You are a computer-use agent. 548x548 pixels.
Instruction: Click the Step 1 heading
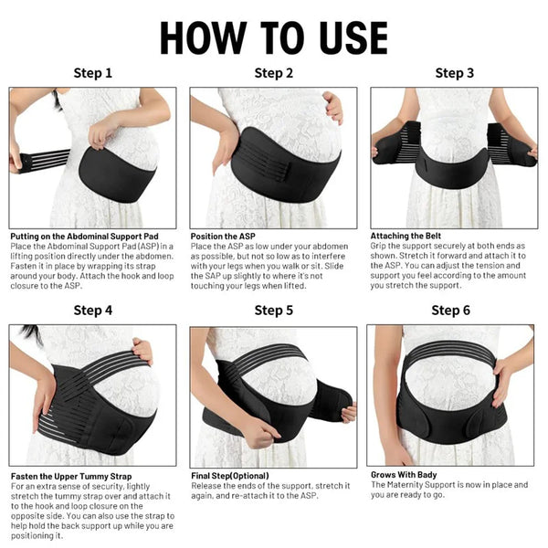coord(93,73)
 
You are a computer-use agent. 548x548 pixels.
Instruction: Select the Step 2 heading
coord(274,73)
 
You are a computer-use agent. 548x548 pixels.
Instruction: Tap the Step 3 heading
coord(454,73)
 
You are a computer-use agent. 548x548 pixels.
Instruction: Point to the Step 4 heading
coord(93,311)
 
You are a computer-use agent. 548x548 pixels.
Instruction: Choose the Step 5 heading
coord(274,311)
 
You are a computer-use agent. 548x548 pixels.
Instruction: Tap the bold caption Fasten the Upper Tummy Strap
coord(71,476)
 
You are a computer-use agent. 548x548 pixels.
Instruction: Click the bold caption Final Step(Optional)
coord(229,476)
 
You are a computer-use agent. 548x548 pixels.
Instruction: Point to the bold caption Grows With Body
coord(404,475)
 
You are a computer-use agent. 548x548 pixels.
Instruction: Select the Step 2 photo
coord(274,157)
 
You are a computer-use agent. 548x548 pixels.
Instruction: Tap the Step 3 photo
coord(454,157)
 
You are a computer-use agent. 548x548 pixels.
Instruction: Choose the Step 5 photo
coord(274,395)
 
